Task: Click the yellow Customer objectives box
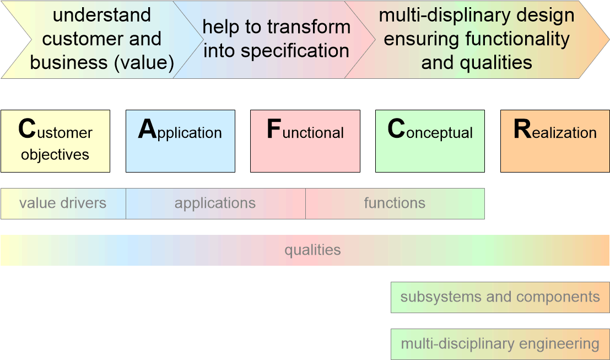pyautogui.click(x=55, y=141)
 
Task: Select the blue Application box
pyautogui.click(x=180, y=141)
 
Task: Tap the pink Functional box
pyautogui.click(x=305, y=141)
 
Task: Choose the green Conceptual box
pyautogui.click(x=430, y=141)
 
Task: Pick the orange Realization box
pyautogui.click(x=555, y=141)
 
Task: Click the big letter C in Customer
pyautogui.click(x=27, y=130)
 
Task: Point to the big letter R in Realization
pyautogui.click(x=522, y=130)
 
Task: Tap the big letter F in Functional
pyautogui.click(x=273, y=130)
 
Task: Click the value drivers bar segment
pyautogui.click(x=63, y=203)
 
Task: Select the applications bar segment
pyautogui.click(x=215, y=203)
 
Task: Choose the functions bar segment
pyautogui.click(x=395, y=203)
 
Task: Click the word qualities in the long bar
pyautogui.click(x=312, y=250)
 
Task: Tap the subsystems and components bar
pyautogui.click(x=500, y=297)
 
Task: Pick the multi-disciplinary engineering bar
pyautogui.click(x=500, y=345)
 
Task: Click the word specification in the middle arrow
pyautogui.click(x=295, y=51)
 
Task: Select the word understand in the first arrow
pyautogui.click(x=102, y=15)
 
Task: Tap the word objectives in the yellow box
pyautogui.click(x=55, y=155)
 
